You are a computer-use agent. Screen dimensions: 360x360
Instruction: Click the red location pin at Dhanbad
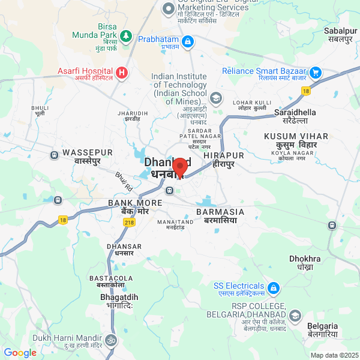coord(179,167)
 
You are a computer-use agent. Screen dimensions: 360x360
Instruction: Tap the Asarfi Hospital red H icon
coord(122,73)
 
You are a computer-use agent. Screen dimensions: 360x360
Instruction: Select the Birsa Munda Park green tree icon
coord(126,36)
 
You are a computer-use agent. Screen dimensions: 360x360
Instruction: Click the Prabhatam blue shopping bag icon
coord(188,41)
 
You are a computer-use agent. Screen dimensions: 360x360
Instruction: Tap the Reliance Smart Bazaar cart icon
coord(316,73)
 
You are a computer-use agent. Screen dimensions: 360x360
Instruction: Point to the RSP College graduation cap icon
coord(295,316)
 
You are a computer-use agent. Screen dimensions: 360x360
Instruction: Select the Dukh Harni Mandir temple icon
coord(110,340)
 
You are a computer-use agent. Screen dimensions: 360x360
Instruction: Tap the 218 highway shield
coord(129,222)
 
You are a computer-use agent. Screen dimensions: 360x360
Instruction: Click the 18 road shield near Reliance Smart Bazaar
coord(306,91)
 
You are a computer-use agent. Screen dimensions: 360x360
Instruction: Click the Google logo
coord(20,353)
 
